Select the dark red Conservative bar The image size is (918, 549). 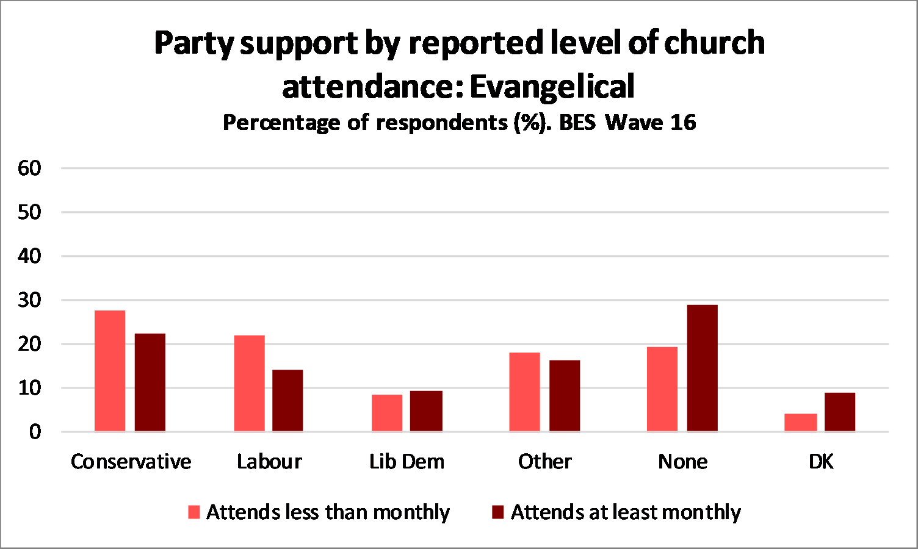point(150,382)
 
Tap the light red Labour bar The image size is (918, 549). point(250,384)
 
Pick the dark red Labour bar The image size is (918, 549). point(287,401)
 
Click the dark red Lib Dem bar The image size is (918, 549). point(426,411)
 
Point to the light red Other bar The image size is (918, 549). point(525,392)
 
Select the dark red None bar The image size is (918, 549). point(703,368)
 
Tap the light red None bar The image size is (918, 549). point(662,389)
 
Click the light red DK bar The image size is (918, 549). point(800,423)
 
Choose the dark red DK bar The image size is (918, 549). point(840,412)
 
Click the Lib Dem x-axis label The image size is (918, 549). point(407,462)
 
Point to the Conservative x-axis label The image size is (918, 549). point(131,462)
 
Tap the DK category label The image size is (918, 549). point(821,462)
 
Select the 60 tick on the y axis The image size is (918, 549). point(29,168)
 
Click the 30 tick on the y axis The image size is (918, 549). point(29,300)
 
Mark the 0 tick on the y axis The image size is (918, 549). point(35,432)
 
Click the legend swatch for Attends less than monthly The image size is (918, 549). point(194,512)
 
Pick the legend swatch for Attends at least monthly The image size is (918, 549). point(498,512)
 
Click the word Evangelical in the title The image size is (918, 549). point(552,86)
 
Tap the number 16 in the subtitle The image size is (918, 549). point(683,123)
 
